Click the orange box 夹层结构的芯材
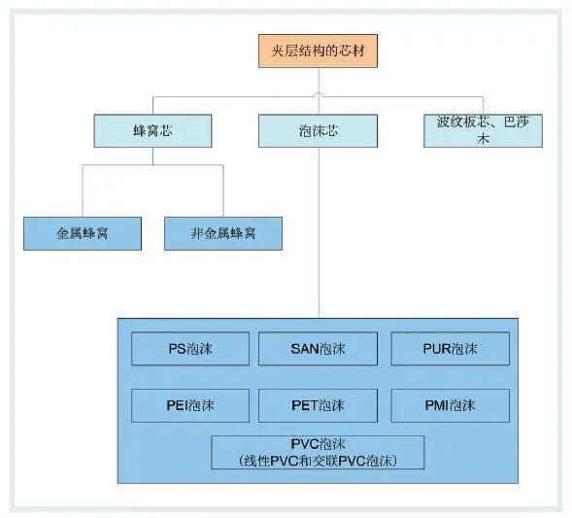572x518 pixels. [318, 52]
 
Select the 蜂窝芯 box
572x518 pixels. [152, 130]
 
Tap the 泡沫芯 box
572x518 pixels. [318, 130]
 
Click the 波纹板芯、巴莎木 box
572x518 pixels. [483, 130]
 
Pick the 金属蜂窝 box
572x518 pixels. [83, 233]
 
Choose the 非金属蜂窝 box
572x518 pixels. [223, 233]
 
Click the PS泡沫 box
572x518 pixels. [190, 349]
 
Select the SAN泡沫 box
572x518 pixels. [318, 349]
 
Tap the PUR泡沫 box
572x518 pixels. [451, 349]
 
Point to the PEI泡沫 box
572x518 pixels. [190, 405]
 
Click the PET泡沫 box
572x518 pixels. [318, 405]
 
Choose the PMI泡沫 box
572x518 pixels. [451, 405]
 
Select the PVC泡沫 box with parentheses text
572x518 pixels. [318, 452]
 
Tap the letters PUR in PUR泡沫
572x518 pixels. [437, 349]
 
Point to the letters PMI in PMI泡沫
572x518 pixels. [437, 405]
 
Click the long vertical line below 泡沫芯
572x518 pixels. [319, 233]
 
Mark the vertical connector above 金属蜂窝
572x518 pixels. [83, 190]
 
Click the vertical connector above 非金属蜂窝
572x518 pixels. [223, 190]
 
